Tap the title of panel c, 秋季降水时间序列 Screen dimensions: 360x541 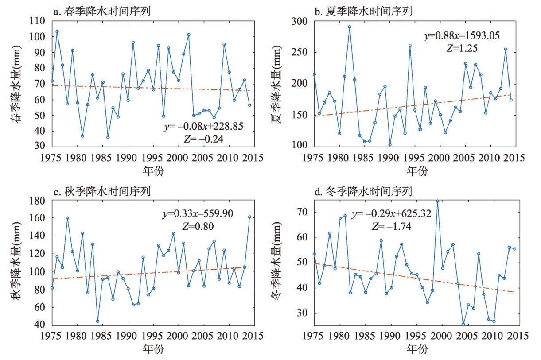(x=102, y=192)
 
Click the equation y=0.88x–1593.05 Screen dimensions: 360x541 (x=463, y=35)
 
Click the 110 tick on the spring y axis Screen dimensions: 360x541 (x=39, y=21)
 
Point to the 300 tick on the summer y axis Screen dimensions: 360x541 (x=301, y=21)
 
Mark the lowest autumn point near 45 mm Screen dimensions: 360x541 (x=97, y=321)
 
